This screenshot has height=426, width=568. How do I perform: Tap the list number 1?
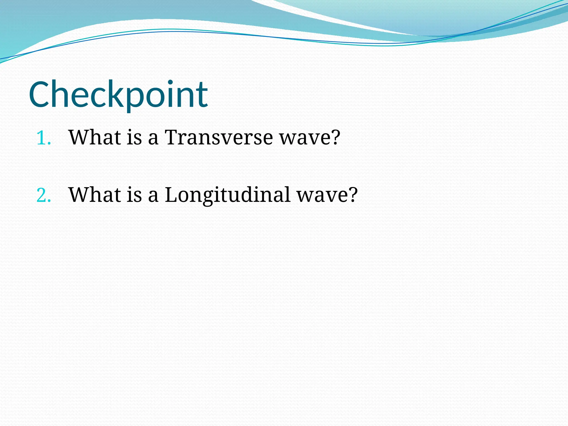point(43,138)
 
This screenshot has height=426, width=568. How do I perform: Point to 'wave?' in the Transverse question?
point(309,138)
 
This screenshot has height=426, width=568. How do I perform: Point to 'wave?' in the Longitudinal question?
point(327,195)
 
